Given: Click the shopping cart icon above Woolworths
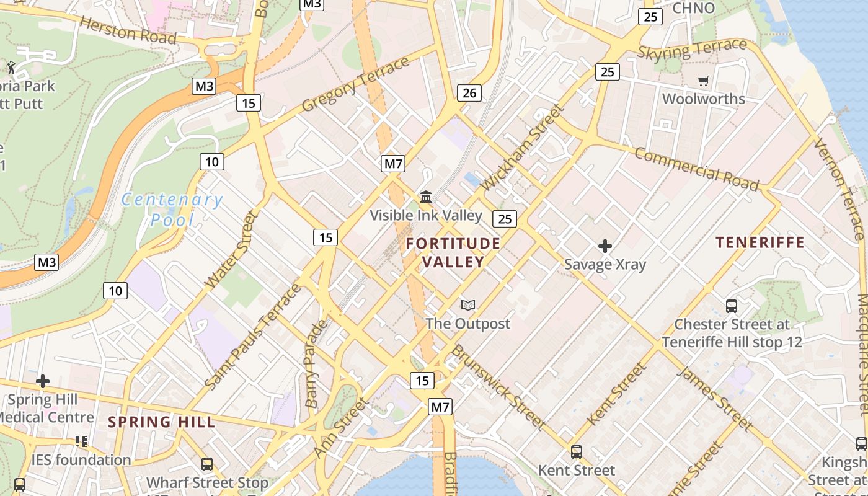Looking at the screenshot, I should coord(703,81).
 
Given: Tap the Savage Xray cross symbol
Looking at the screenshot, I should coord(605,246).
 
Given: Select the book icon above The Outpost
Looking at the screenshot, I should coord(468,305).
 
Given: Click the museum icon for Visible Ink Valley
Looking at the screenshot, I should coord(426,197).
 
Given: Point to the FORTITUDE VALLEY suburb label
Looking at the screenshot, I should coord(453,252).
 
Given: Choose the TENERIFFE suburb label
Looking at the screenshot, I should coord(760,242).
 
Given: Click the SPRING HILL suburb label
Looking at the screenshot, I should coord(161,422).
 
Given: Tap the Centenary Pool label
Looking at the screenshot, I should coord(172,210).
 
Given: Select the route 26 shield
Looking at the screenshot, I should coord(469,93).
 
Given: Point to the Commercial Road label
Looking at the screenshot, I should coord(696,169).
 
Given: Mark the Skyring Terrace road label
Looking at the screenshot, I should coord(692,49).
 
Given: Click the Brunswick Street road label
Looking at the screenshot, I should coord(498,387).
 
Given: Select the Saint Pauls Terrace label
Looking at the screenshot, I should coord(253,337).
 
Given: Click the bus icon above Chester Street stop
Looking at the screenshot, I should coord(732,306).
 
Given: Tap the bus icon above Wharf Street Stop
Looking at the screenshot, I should coord(207,464).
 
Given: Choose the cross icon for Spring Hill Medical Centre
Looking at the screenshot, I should coord(43,381).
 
